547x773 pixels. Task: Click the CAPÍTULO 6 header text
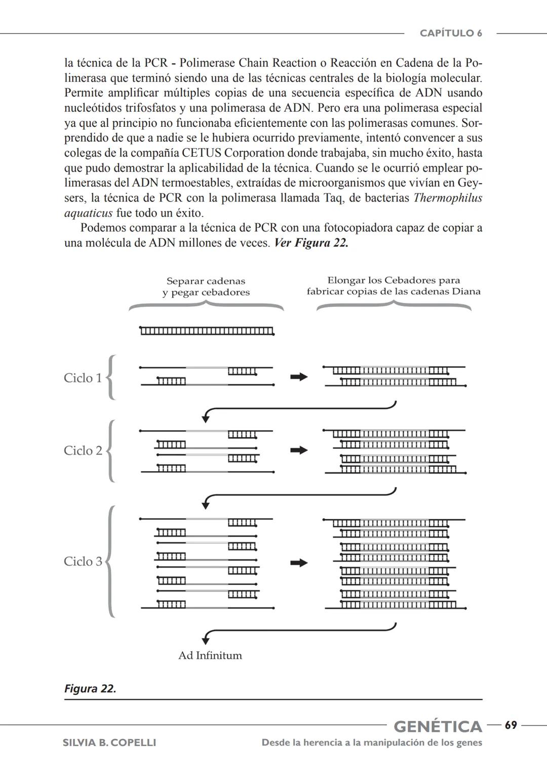[x=450, y=33]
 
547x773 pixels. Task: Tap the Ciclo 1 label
[x=83, y=378]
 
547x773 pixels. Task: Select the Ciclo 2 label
[x=83, y=450]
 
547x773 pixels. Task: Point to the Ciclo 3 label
[x=83, y=561]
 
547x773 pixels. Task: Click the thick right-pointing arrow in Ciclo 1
[x=299, y=377]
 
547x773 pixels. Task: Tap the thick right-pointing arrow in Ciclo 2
[x=299, y=450]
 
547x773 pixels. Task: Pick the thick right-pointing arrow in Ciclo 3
[x=299, y=563]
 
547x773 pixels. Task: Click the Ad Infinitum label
[x=210, y=655]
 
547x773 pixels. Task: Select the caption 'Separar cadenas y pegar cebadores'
[x=206, y=287]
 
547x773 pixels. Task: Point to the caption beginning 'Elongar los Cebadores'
[x=394, y=286]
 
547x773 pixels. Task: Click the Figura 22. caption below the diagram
[x=90, y=689]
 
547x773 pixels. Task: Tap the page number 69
[x=511, y=725]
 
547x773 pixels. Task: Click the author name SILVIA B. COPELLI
[x=109, y=743]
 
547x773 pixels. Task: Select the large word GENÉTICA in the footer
[x=438, y=726]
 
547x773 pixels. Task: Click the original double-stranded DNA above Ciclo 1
[x=207, y=331]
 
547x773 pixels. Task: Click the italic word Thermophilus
[x=447, y=198]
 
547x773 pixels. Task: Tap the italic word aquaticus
[x=88, y=213]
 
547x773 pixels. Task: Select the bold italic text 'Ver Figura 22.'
[x=311, y=243]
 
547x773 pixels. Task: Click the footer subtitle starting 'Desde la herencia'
[x=372, y=743]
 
